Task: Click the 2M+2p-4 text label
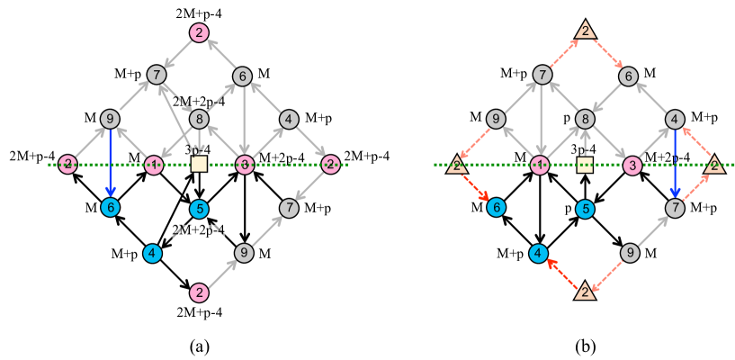click(199, 230)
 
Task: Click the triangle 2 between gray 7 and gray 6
click(585, 31)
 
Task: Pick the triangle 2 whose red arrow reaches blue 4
click(585, 291)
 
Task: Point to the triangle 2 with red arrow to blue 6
click(457, 165)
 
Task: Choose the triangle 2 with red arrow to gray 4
click(714, 165)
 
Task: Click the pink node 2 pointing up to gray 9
click(199, 292)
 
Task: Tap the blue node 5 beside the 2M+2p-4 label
click(199, 209)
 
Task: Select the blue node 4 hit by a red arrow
click(538, 254)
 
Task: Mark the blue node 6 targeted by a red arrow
click(496, 207)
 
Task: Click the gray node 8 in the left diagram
click(199, 119)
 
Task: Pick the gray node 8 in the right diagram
click(585, 119)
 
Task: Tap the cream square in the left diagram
click(199, 164)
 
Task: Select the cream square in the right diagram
click(585, 165)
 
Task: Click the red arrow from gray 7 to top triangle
click(563, 53)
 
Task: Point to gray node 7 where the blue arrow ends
click(675, 208)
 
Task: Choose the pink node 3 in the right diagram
click(632, 166)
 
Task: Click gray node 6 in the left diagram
click(242, 76)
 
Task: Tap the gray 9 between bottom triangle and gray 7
click(630, 253)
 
